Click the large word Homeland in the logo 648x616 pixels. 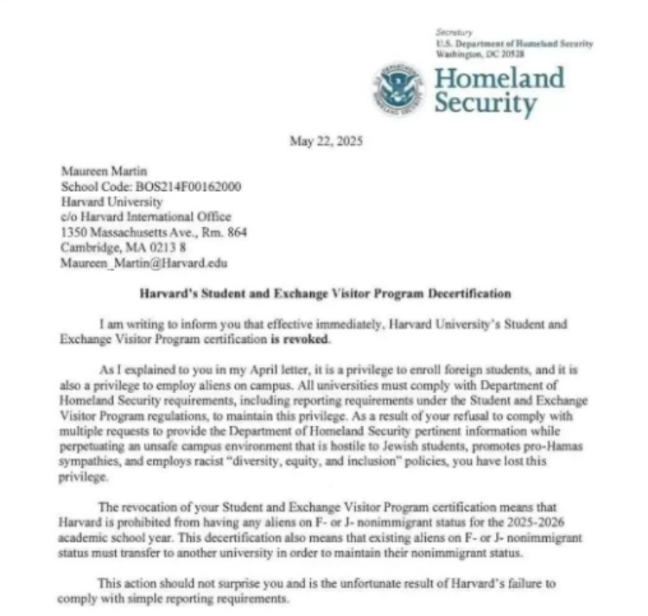(499, 78)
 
